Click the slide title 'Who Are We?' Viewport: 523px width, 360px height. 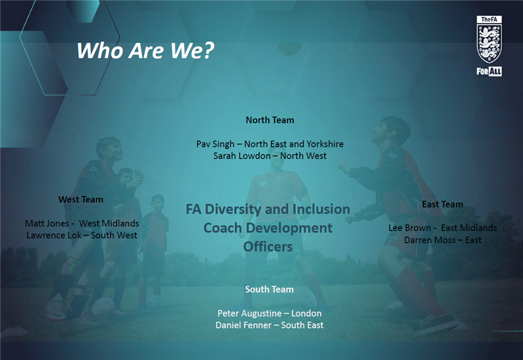click(145, 50)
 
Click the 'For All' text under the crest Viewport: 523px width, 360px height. click(489, 70)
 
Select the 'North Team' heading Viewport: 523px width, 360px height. click(270, 120)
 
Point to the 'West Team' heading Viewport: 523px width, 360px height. click(81, 200)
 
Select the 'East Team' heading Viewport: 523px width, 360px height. click(442, 204)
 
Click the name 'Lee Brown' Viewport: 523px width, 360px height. click(409, 228)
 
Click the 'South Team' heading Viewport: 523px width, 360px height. click(269, 289)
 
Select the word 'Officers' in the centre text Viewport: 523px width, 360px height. click(268, 247)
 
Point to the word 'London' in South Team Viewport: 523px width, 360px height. click(307, 314)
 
